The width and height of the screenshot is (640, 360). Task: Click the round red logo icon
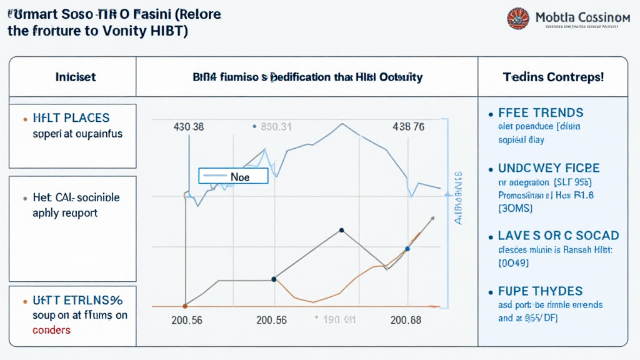[518, 19]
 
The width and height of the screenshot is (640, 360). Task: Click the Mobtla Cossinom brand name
[582, 18]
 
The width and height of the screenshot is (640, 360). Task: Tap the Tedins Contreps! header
[553, 77]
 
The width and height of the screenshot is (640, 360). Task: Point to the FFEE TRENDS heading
[541, 113]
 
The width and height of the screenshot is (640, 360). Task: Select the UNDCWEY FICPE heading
[549, 168]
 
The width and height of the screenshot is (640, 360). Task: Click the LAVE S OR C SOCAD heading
[558, 236]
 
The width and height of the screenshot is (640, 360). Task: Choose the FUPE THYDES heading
[540, 291]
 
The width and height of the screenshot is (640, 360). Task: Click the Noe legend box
[232, 176]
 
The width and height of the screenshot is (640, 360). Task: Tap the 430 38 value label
[188, 127]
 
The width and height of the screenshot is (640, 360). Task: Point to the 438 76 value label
[408, 127]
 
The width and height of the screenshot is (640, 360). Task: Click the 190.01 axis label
[337, 320]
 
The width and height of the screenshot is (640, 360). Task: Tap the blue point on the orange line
[407, 249]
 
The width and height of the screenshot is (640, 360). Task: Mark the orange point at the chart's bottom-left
[185, 306]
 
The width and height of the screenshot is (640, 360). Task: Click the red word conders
[51, 329]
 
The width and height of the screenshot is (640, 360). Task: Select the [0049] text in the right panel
[514, 264]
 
